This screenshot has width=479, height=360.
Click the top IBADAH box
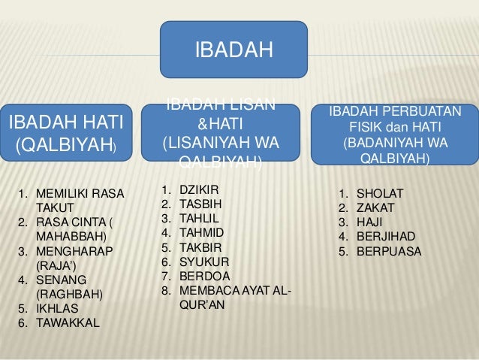click(233, 50)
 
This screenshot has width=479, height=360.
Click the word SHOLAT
click(379, 193)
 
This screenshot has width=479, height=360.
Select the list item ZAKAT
click(375, 207)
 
